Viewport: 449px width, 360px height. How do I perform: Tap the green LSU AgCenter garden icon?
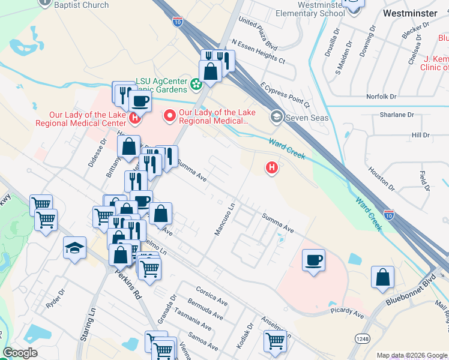tap(196, 85)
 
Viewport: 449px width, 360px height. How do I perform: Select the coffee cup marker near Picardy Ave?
tap(313, 260)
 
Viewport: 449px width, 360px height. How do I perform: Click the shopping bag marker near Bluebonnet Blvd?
tap(382, 278)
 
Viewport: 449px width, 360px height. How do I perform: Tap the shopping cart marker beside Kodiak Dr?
tap(275, 341)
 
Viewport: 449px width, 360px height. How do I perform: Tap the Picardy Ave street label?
tap(347, 314)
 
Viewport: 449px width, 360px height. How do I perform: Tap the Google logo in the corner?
tap(20, 352)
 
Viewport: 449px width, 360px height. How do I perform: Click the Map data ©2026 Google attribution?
tap(412, 355)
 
